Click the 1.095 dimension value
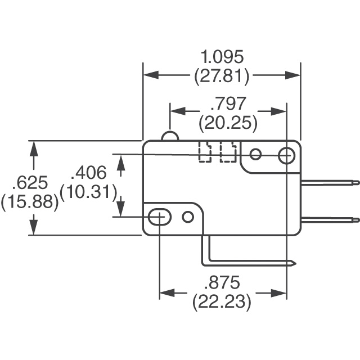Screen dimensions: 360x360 click(x=222, y=57)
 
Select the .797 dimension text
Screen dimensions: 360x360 click(x=228, y=104)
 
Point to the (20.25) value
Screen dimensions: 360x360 click(x=228, y=122)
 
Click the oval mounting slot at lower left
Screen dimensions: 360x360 click(x=160, y=216)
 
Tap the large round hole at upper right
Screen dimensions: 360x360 click(x=287, y=155)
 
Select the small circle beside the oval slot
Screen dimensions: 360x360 click(x=188, y=216)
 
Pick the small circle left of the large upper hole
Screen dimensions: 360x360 click(x=256, y=154)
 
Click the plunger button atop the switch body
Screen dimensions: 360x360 click(x=170, y=136)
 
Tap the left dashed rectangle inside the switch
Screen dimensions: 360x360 click(x=205, y=152)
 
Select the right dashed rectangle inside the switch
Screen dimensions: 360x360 click(x=227, y=152)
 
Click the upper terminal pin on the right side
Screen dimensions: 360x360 click(x=329, y=182)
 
